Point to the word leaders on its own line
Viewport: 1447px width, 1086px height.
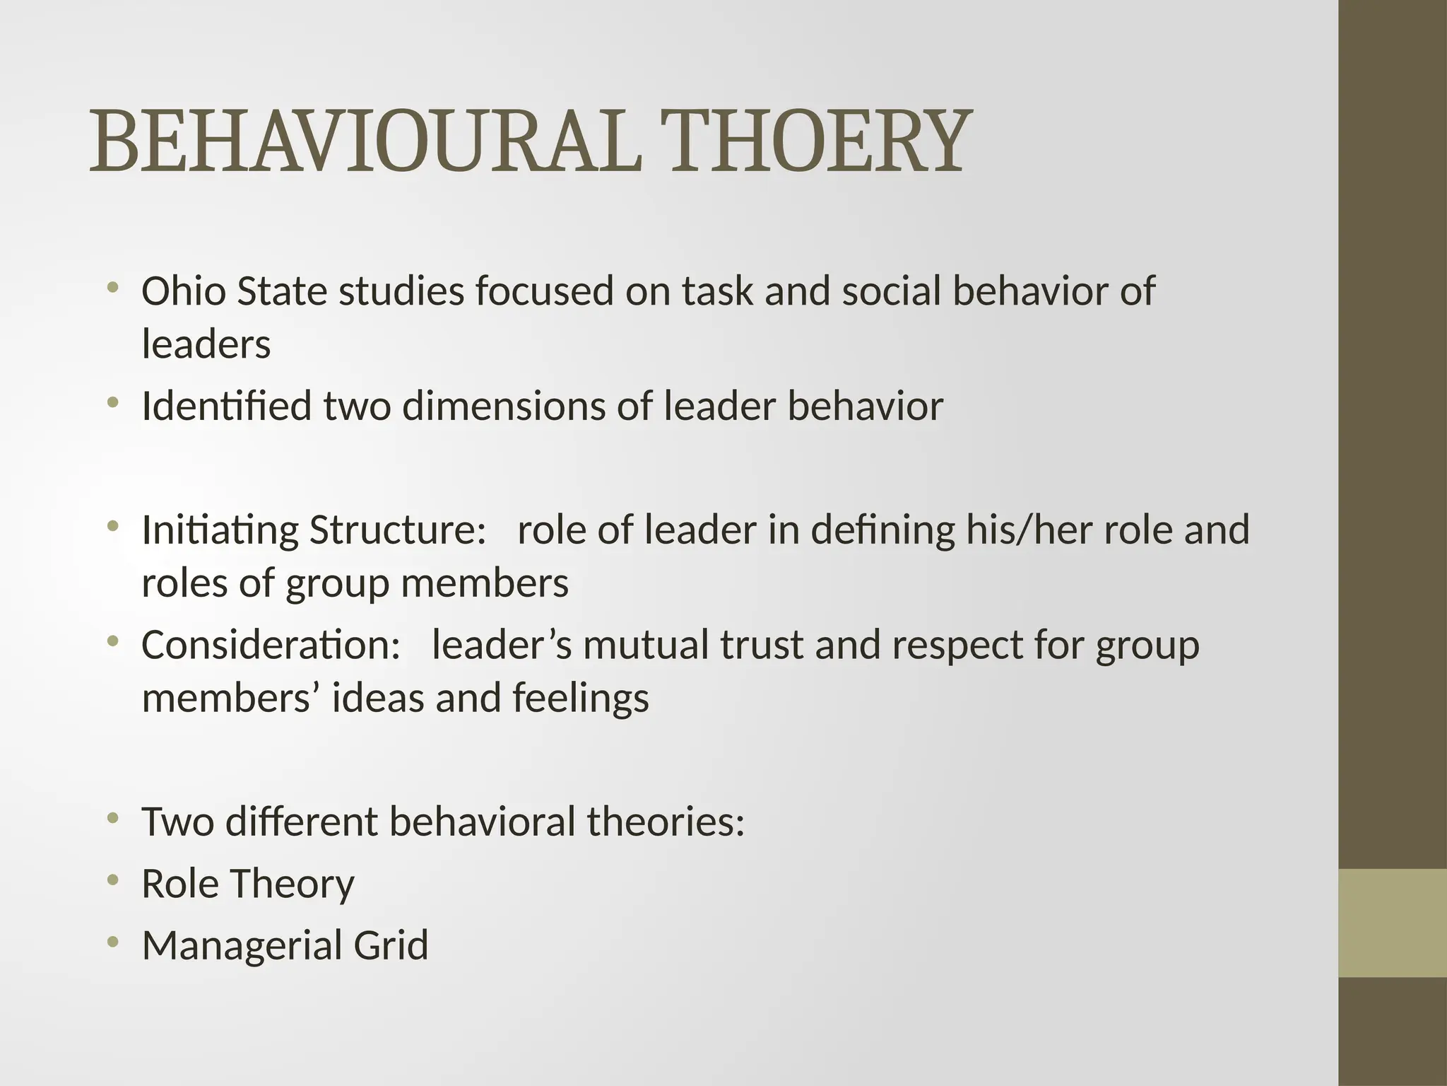[206, 344]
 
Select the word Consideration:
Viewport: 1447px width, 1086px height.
[271, 645]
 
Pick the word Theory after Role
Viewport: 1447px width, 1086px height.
[292, 884]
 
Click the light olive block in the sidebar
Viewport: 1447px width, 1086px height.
[1393, 923]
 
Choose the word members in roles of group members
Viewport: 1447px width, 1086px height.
[484, 583]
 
